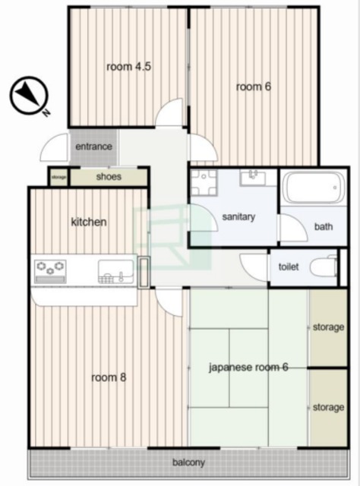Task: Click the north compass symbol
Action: tap(29, 95)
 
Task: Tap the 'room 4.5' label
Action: tap(128, 67)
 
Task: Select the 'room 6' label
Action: tap(254, 87)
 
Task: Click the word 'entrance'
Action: tap(93, 147)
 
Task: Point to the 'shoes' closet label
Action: tap(109, 177)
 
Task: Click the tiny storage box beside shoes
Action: tap(59, 177)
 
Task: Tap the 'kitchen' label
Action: tap(89, 222)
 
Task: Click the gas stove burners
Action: tap(50, 271)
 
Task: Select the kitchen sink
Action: tap(116, 272)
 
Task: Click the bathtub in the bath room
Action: tap(314, 188)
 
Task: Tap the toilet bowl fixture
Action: tap(324, 267)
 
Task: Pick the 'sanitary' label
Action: tap(238, 216)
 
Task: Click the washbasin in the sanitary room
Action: tap(253, 178)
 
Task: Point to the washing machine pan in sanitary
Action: tap(204, 182)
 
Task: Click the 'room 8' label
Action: tap(109, 377)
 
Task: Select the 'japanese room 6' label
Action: tap(248, 368)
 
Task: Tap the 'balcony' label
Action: tap(188, 462)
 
